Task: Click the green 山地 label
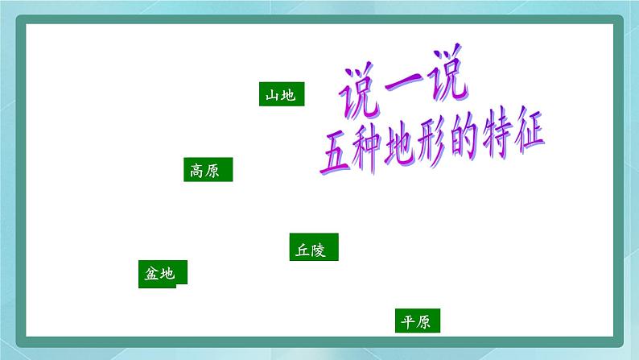point(281,95)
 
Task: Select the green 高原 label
point(208,170)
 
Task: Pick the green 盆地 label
point(163,273)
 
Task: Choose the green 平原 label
point(418,321)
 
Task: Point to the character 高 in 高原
point(199,171)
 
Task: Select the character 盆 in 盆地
point(153,274)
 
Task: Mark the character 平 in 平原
point(409,322)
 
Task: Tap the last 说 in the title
point(444,85)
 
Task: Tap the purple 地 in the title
point(405,146)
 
